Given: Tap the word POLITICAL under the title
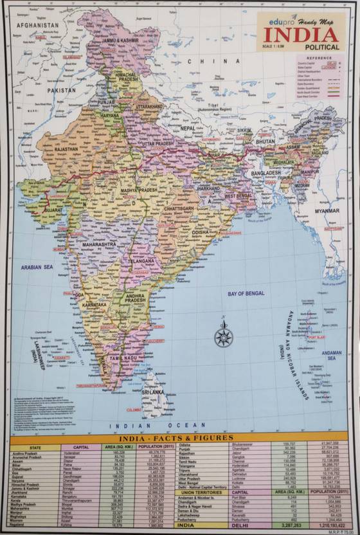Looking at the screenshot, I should click(316, 47).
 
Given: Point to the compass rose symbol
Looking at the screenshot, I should click(223, 334).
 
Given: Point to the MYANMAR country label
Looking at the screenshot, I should click(327, 210).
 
